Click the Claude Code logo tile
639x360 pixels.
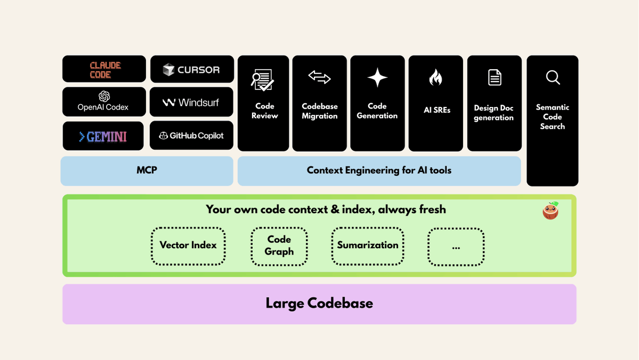tap(104, 69)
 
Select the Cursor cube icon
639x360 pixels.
tap(169, 70)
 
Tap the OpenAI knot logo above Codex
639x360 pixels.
tap(104, 96)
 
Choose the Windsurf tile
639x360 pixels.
tap(191, 102)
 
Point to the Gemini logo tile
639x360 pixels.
tap(103, 136)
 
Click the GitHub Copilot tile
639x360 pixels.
tap(191, 136)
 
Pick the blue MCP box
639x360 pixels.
tap(147, 171)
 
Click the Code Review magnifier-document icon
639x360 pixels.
tap(263, 80)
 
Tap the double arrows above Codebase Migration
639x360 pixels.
tap(320, 78)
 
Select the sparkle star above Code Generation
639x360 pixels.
tap(377, 78)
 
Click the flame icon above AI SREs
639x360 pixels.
tap(435, 78)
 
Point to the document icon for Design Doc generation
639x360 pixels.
tap(495, 78)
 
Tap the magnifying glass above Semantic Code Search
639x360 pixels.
tap(553, 78)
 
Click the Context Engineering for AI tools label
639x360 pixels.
tap(379, 171)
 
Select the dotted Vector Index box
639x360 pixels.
tap(188, 246)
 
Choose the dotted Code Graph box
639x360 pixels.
tap(279, 246)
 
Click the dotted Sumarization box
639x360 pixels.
tap(368, 246)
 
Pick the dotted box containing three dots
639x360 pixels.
tap(456, 247)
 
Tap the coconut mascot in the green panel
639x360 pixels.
tap(551, 211)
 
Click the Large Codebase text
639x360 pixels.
tap(319, 304)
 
